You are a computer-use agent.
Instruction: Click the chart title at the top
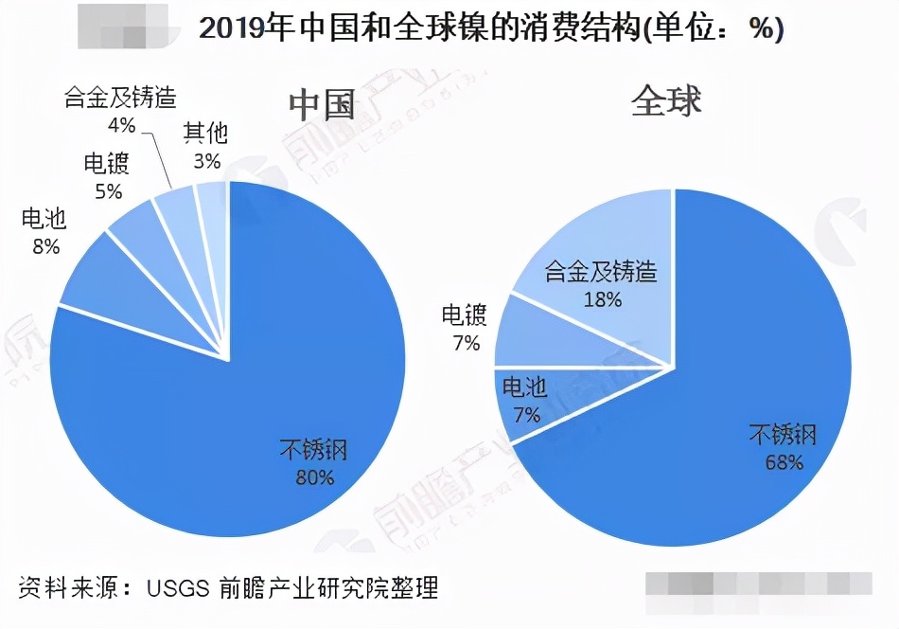click(490, 29)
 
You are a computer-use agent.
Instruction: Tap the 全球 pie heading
click(666, 100)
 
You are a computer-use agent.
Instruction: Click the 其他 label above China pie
click(205, 135)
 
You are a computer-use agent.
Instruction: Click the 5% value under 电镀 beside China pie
click(108, 190)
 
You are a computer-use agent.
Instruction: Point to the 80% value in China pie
click(314, 477)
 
